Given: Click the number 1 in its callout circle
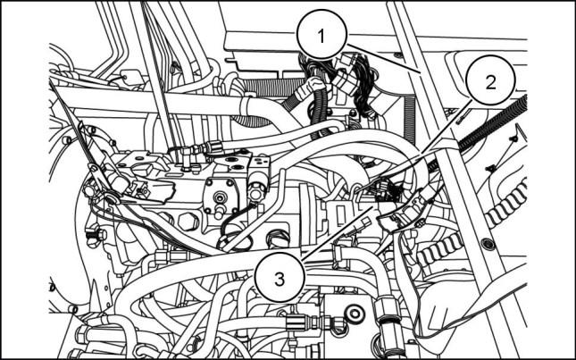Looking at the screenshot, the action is (321, 37).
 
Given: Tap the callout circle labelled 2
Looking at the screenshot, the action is (490, 80).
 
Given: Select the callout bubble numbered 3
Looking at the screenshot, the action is (280, 278).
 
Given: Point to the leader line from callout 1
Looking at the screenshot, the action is (383, 58).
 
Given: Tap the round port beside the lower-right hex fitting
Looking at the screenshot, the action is (355, 314).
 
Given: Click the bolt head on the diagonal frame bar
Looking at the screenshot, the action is (488, 244).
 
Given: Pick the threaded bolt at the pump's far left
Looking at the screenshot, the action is (95, 236).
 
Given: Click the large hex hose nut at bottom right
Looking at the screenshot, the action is (388, 310).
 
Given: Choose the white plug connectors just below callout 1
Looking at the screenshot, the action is (346, 72).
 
